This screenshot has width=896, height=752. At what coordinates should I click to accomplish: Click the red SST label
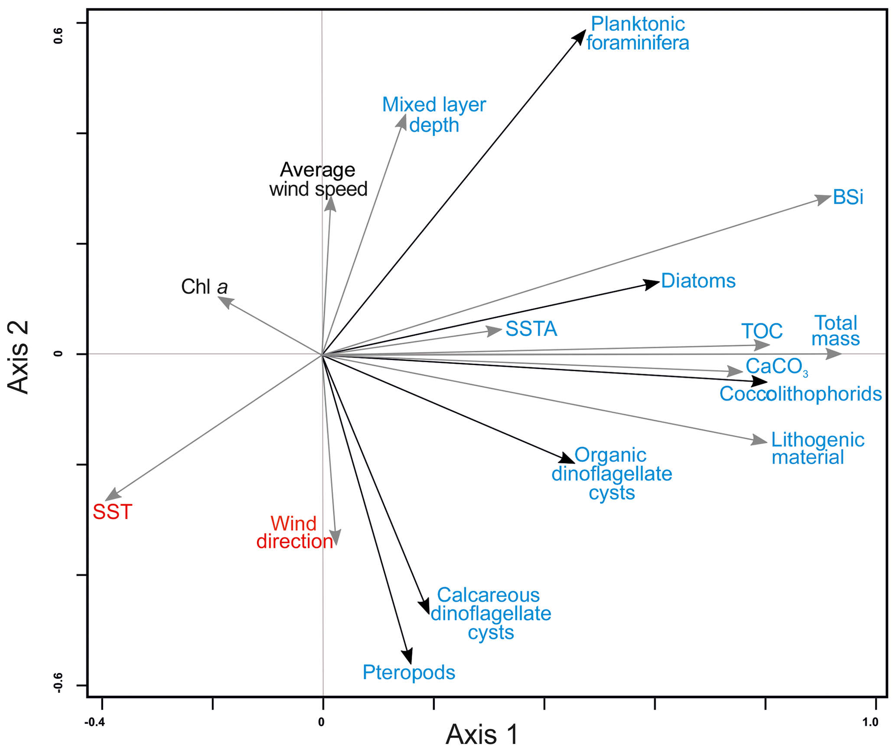(113, 512)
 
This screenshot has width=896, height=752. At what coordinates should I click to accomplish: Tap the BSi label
(848, 198)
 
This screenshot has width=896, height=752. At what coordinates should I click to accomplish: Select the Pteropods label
(409, 672)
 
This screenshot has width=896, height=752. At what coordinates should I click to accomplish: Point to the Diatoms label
(698, 281)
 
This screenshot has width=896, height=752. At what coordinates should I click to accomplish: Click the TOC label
(762, 331)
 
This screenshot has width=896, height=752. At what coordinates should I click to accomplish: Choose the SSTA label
(531, 329)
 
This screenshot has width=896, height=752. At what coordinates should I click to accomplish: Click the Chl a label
(204, 287)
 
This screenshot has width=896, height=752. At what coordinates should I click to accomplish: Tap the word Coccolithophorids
(801, 394)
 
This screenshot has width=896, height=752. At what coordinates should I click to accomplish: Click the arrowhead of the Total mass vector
(834, 354)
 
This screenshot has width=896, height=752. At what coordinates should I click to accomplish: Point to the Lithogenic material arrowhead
(759, 440)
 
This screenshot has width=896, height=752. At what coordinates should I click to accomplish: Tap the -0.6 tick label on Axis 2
(58, 683)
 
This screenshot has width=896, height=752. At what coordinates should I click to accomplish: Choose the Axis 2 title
(18, 357)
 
